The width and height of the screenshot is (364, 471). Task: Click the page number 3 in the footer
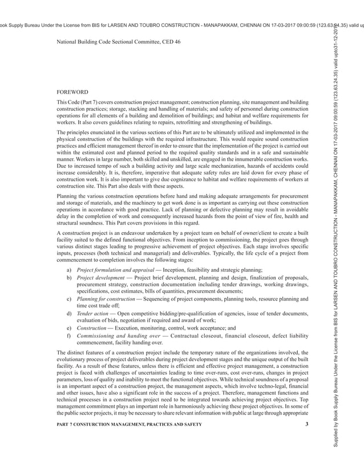[x=306, y=423]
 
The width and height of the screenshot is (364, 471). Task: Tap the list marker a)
[x=69, y=269]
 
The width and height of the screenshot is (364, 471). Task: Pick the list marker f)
[x=69, y=336]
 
